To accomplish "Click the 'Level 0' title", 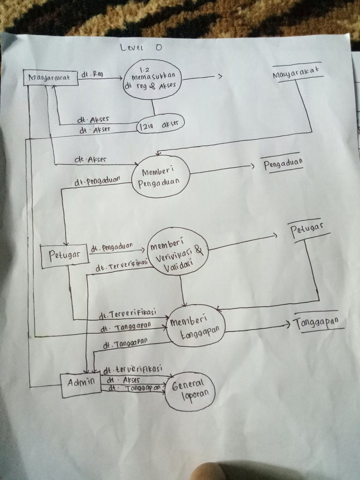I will coord(138,48).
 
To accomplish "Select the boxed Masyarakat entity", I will coord(51,77).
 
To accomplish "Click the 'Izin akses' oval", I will coord(159,125).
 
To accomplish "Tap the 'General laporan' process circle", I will coord(190,393).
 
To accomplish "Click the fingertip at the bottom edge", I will coord(213,471).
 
